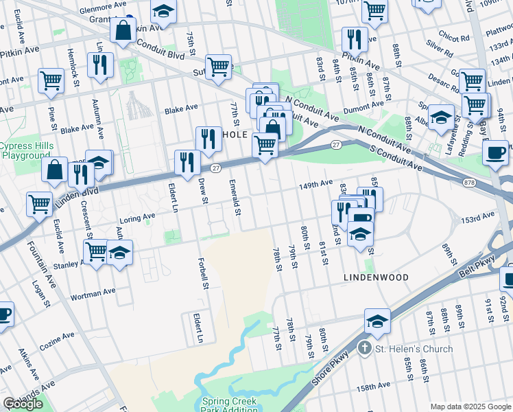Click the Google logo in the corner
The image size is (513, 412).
(x=23, y=404)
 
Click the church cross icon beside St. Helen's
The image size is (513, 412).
(x=366, y=348)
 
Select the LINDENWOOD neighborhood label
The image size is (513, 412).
(x=377, y=277)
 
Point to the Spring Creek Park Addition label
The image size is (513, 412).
(x=229, y=405)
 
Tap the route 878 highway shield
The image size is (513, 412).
(x=469, y=182)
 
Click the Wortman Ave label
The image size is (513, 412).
(x=90, y=297)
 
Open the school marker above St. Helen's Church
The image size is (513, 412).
(x=377, y=321)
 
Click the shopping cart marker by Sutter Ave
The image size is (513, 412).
(x=218, y=67)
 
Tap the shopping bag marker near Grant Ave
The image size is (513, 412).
(x=123, y=30)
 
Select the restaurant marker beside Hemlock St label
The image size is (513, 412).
(x=102, y=65)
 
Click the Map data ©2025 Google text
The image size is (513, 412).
(x=470, y=407)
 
